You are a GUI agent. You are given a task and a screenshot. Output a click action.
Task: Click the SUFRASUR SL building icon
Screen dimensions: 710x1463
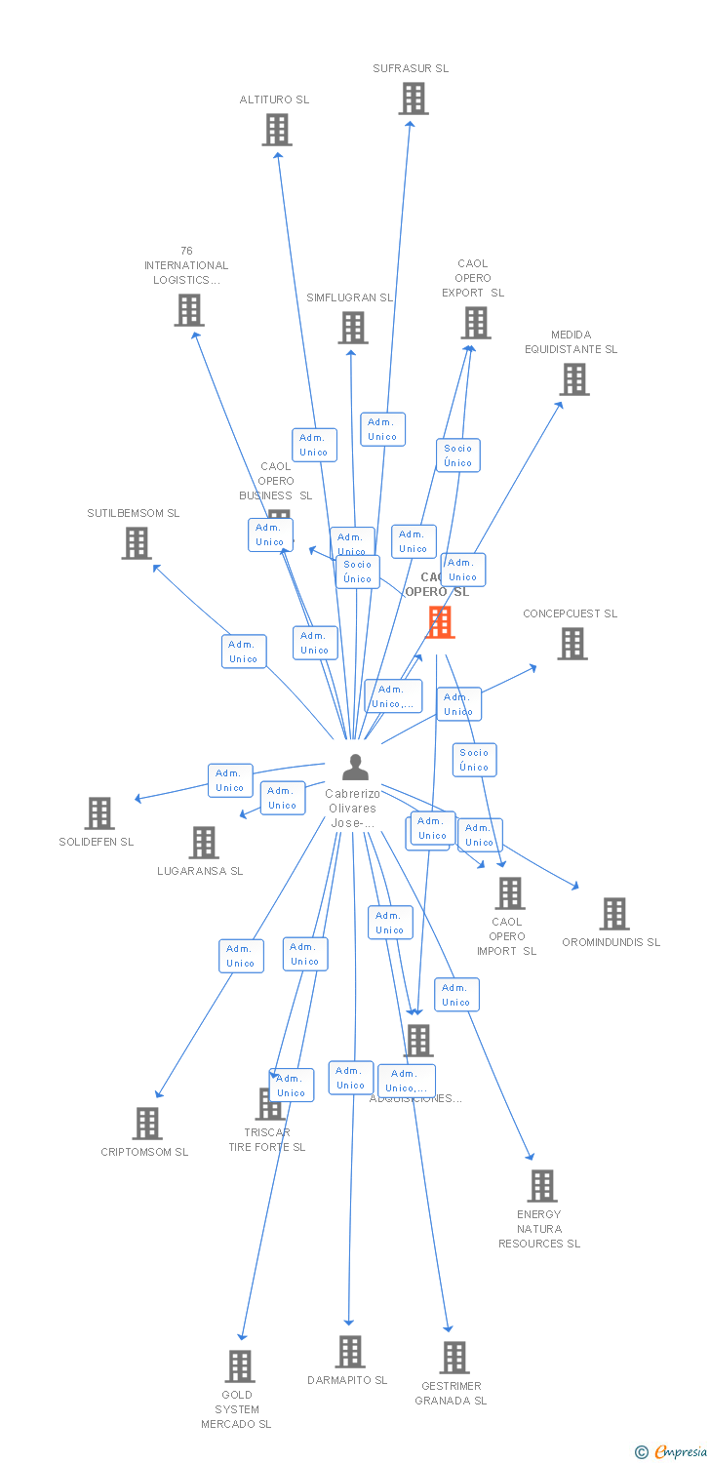pyautogui.click(x=413, y=99)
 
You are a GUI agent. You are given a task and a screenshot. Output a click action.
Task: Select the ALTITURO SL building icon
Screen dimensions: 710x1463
pyautogui.click(x=277, y=130)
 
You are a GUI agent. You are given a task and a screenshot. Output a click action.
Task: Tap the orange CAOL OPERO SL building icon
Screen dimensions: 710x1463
pyautogui.click(x=440, y=622)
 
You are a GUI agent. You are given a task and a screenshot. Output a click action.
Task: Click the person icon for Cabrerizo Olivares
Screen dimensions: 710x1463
pyautogui.click(x=355, y=768)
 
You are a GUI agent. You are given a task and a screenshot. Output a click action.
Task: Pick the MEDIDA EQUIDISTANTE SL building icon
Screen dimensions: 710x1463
pyautogui.click(x=573, y=379)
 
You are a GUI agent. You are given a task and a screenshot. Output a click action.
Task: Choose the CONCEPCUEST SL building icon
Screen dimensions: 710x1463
pyautogui.click(x=572, y=644)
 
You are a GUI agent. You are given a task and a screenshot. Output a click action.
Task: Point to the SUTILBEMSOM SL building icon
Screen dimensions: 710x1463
pyautogui.click(x=137, y=543)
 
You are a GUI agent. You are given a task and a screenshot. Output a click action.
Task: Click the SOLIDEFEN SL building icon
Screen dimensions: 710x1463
pyautogui.click(x=99, y=813)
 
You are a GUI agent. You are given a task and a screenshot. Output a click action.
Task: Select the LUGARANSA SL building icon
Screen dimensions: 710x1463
pyautogui.click(x=203, y=843)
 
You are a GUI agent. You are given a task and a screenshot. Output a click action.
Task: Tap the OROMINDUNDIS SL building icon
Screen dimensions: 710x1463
pyautogui.click(x=613, y=914)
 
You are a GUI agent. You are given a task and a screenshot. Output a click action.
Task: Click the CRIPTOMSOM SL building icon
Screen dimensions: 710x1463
pyautogui.click(x=146, y=1124)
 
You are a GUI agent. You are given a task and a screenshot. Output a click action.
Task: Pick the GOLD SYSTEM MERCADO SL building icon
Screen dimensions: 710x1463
pyautogui.click(x=239, y=1366)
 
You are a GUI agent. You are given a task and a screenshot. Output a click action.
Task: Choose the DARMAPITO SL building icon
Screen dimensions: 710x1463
pyautogui.click(x=349, y=1352)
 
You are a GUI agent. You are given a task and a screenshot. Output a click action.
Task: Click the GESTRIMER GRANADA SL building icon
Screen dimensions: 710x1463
pyautogui.click(x=454, y=1357)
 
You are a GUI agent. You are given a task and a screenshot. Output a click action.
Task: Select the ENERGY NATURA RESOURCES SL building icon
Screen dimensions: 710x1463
pyautogui.click(x=541, y=1186)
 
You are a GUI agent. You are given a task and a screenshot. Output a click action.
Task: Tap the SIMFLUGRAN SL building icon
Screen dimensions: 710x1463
pyautogui.click(x=352, y=328)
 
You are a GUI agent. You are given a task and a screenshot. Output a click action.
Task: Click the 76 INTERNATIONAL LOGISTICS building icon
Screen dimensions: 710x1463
pyautogui.click(x=188, y=310)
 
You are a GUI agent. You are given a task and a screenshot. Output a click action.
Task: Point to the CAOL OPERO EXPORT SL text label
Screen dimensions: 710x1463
pyautogui.click(x=473, y=278)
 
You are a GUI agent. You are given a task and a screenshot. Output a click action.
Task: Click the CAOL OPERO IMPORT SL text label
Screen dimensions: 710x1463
pyautogui.click(x=506, y=936)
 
